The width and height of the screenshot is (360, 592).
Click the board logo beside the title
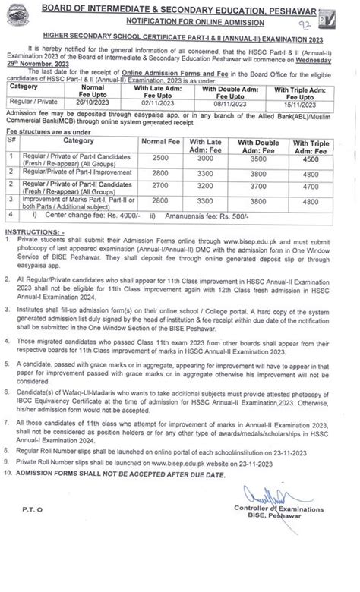tap(344, 13)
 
